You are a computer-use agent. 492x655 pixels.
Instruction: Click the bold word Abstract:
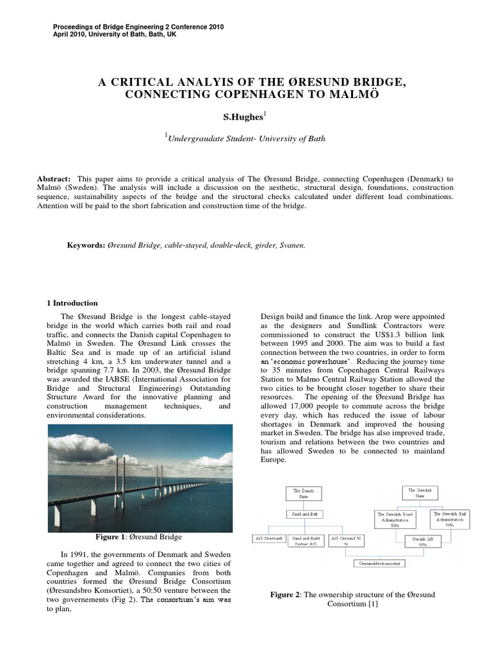[x=56, y=178]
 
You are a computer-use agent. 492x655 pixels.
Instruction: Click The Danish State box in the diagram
[x=304, y=493]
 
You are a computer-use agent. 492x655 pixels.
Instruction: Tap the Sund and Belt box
[x=303, y=514]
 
